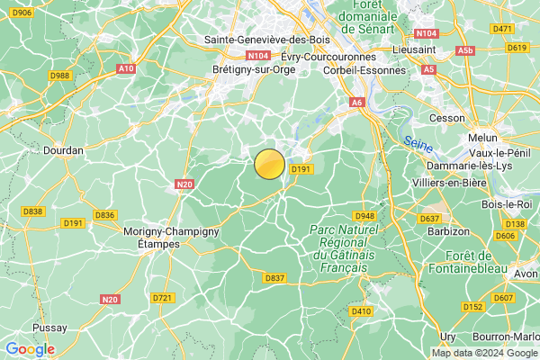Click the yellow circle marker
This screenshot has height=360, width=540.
point(270,165)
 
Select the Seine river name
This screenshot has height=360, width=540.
point(417,142)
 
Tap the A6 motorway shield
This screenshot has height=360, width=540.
point(356,103)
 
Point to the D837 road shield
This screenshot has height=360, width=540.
point(275,279)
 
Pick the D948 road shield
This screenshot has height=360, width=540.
point(364,216)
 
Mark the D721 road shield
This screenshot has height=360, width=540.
point(162,297)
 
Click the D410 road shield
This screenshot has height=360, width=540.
point(361,311)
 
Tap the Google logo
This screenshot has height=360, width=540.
point(30,349)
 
